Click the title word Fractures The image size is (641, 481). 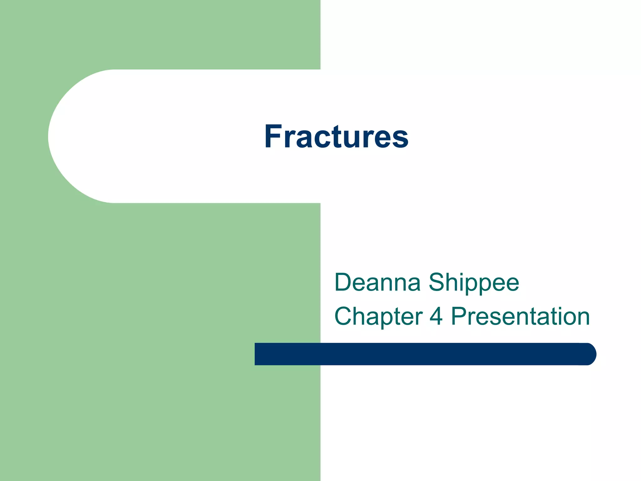click(336, 137)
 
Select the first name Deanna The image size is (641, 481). click(377, 282)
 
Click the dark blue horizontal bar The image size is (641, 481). click(423, 354)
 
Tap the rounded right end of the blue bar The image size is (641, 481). click(590, 354)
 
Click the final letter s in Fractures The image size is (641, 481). click(400, 139)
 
